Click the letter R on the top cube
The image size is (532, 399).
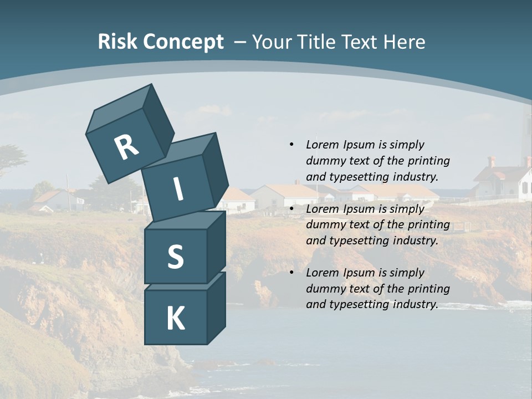(x=126, y=147)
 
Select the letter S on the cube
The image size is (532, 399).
(x=175, y=257)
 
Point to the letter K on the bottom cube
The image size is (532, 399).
(x=175, y=319)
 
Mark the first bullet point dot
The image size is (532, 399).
(x=291, y=145)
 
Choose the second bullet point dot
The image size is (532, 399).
(x=291, y=209)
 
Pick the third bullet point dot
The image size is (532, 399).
(x=291, y=273)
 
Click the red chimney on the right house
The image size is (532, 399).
(x=491, y=161)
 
